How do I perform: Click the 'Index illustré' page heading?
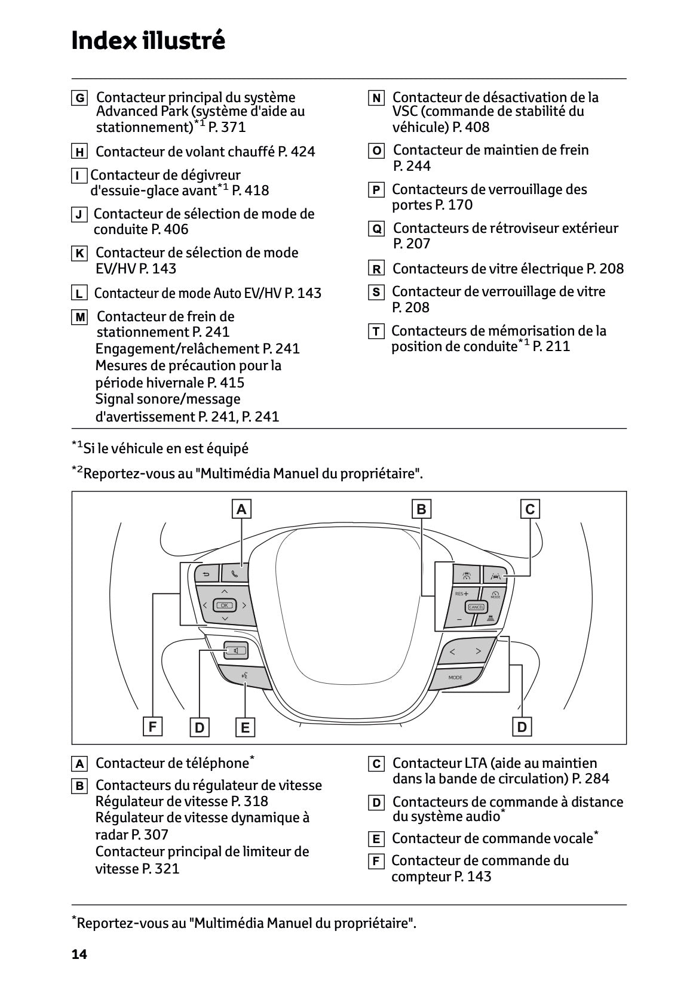click(x=148, y=41)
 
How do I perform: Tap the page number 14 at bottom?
click(x=79, y=954)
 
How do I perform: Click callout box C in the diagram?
click(x=530, y=509)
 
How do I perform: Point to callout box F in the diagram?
click(x=152, y=727)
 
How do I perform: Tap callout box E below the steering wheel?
click(x=245, y=727)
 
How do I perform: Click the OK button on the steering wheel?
click(x=225, y=605)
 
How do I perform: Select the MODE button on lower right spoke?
click(x=455, y=678)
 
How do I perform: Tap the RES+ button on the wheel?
click(x=461, y=594)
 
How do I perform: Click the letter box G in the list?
click(x=79, y=98)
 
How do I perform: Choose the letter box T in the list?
click(x=376, y=331)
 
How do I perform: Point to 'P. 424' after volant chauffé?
click(x=296, y=152)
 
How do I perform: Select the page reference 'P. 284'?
click(x=590, y=778)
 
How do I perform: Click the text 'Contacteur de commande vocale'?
click(x=492, y=838)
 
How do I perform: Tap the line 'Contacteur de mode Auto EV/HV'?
click(x=188, y=293)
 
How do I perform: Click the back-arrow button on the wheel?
click(x=206, y=575)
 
